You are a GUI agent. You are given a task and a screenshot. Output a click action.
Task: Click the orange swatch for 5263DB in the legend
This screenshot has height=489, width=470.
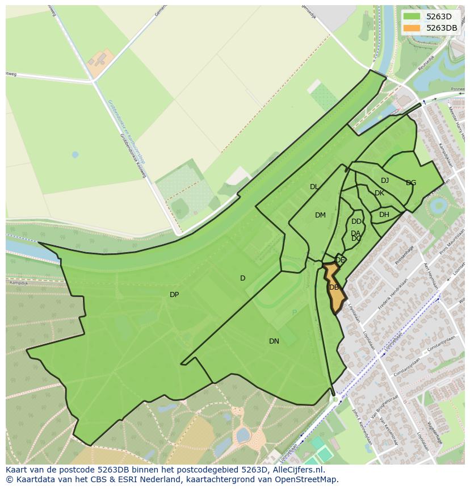[x=412, y=28]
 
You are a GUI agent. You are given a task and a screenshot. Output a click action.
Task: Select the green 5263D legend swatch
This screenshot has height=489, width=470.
[x=412, y=16]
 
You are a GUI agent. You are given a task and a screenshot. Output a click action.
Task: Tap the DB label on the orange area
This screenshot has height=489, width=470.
[x=334, y=287]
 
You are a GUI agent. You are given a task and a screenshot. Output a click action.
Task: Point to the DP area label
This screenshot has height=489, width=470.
[x=174, y=295]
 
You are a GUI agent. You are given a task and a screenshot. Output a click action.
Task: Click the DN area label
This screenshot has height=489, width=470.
[x=274, y=341]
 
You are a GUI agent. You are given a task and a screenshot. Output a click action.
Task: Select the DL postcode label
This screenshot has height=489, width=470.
[x=314, y=187]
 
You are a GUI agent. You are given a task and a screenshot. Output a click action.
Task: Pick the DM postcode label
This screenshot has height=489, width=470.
[x=320, y=215]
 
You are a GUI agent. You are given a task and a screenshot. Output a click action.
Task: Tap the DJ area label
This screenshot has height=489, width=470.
[x=385, y=181]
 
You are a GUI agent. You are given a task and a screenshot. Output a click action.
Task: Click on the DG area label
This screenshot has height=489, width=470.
[x=411, y=183]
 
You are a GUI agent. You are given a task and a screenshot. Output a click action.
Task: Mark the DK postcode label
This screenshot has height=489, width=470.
[x=379, y=193]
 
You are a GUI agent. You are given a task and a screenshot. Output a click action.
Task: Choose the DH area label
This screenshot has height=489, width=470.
[x=384, y=215]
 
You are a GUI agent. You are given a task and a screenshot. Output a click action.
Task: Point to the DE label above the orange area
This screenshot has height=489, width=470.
[x=340, y=260]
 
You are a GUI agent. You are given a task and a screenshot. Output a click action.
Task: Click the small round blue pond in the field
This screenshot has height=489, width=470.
[x=75, y=154]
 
